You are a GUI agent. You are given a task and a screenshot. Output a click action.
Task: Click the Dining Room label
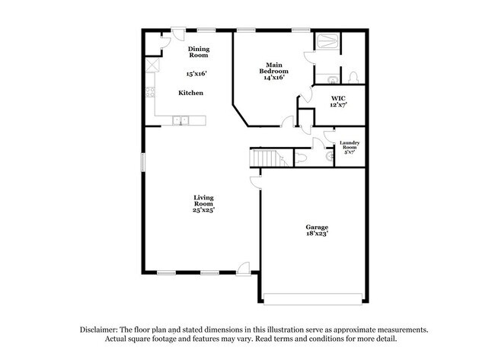(199, 53)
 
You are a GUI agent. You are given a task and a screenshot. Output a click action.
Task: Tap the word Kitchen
(190, 93)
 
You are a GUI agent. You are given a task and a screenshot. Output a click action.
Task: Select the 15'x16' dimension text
(197, 75)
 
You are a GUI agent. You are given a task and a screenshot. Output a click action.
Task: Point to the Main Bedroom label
(274, 71)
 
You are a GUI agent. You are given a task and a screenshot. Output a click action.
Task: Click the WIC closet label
(339, 101)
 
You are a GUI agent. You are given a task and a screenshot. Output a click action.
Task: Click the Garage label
(317, 228)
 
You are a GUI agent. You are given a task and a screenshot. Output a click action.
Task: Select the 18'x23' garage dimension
(317, 235)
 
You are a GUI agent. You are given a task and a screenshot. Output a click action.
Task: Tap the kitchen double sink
(181, 120)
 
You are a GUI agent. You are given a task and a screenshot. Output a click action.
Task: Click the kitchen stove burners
(148, 95)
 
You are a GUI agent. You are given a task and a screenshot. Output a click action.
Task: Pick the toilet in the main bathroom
(353, 76)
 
